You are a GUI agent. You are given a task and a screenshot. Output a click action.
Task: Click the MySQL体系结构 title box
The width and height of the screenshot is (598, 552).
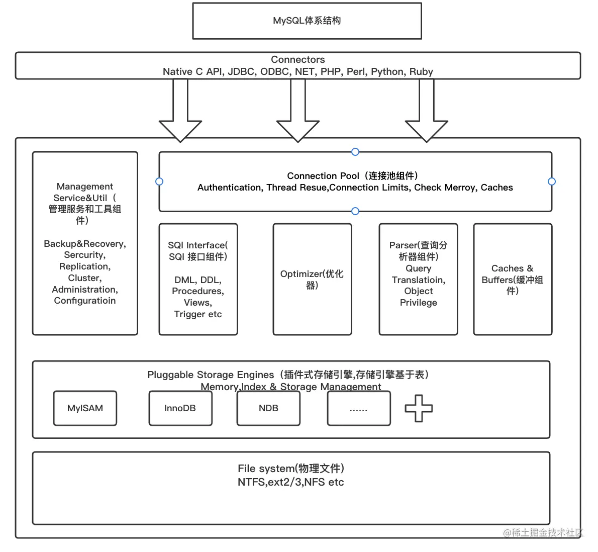(x=307, y=21)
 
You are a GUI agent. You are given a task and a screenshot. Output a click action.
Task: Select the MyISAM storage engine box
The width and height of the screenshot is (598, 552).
(x=85, y=408)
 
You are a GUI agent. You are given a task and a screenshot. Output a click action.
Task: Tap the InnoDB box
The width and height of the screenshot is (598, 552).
(x=180, y=408)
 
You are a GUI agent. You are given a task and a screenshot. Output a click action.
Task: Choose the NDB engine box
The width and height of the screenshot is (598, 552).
(x=268, y=408)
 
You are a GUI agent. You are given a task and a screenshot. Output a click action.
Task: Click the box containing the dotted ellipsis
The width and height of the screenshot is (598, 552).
(x=358, y=408)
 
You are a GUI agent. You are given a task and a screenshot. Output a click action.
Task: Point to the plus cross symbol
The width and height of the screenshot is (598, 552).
(x=419, y=408)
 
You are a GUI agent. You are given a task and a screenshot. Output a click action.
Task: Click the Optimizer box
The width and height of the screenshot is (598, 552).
(x=312, y=279)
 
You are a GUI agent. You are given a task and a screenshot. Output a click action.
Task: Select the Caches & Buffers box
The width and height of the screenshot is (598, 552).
(x=512, y=279)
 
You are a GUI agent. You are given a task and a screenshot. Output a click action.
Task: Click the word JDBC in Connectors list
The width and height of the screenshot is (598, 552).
(x=241, y=71)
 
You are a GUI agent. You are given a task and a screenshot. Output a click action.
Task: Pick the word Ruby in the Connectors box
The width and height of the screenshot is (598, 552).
(x=421, y=71)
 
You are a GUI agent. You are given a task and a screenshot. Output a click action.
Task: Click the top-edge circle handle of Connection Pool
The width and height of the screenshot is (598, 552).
(x=355, y=152)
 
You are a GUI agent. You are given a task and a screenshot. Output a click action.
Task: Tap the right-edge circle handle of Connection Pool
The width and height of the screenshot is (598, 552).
(x=552, y=181)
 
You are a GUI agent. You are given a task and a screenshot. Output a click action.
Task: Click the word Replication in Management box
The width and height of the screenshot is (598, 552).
(x=84, y=266)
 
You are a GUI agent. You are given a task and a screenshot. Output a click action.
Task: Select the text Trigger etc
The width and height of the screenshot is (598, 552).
(x=198, y=314)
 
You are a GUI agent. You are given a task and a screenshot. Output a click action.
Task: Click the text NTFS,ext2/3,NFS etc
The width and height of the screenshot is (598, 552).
(x=290, y=482)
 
